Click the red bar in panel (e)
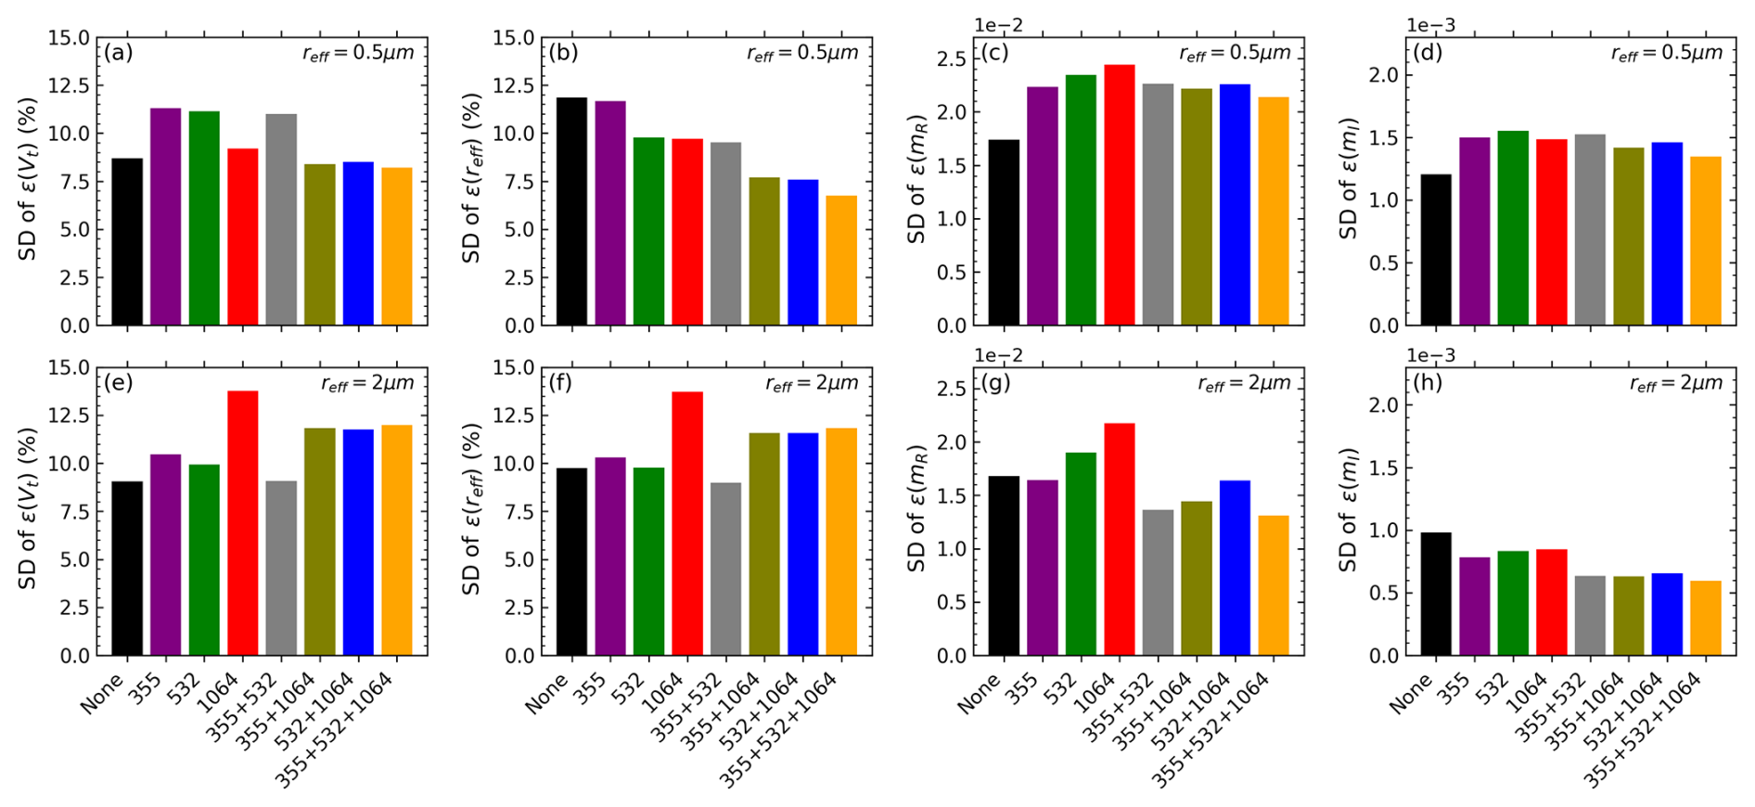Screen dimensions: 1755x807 coord(243,523)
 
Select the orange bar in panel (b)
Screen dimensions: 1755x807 coord(841,261)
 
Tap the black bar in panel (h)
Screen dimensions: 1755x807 coord(1436,594)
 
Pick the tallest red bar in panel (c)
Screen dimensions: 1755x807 coord(1120,195)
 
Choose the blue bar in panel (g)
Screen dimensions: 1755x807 coord(1235,568)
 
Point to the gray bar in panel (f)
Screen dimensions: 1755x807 coord(725,570)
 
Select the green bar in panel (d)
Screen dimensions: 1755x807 coord(1513,228)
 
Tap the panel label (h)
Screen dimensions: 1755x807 coord(1428,382)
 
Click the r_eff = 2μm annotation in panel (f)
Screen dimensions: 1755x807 coord(812,383)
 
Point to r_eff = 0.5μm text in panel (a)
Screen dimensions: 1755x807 coord(358,53)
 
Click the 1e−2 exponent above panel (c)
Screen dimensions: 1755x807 coord(998,25)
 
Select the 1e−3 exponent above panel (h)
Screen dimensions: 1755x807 coord(1431,355)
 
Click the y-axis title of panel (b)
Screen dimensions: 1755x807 coord(472,177)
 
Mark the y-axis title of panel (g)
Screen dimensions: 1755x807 coord(917,508)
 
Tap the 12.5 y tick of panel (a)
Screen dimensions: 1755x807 coord(70,85)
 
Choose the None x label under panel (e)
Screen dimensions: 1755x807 coord(101,693)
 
